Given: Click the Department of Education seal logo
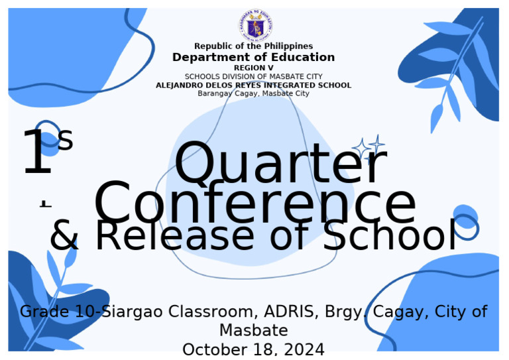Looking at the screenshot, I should [x=254, y=26].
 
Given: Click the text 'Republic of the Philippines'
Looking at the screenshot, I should [x=253, y=46].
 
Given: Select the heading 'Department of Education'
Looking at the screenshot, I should [x=253, y=58].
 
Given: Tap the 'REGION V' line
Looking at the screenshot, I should [x=253, y=68].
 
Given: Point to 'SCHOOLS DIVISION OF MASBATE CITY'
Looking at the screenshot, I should [x=253, y=77].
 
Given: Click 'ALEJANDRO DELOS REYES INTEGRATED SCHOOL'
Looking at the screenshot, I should [x=253, y=86].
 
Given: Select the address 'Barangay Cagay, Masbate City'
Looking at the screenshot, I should [x=253, y=93].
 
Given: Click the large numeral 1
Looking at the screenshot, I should [x=37, y=154].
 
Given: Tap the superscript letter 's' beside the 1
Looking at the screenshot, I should [x=65, y=140].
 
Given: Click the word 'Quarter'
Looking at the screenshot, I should [x=280, y=164].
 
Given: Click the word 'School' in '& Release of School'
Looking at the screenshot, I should [x=390, y=236].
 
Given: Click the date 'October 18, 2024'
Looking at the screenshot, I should [x=253, y=349].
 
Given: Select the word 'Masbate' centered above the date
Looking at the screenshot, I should [x=253, y=330].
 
